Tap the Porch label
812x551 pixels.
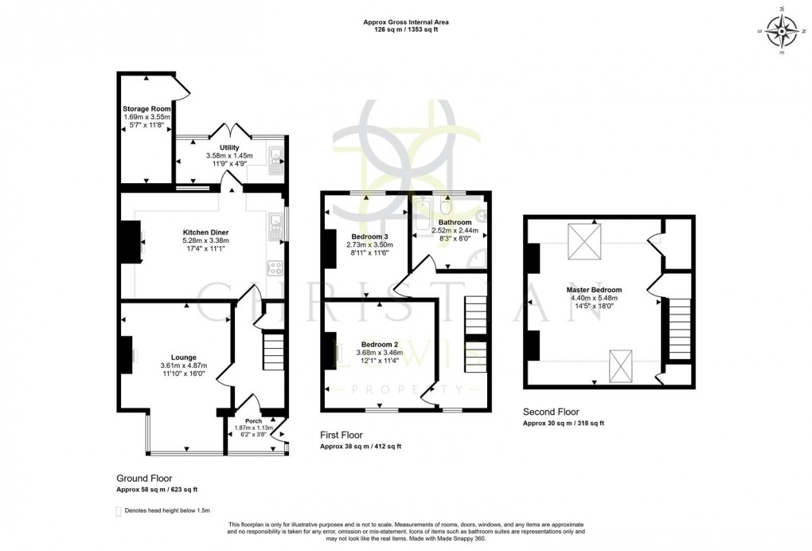coord(253,421)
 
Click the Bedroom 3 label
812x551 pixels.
coord(370,236)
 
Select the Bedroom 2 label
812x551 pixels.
coord(379,344)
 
